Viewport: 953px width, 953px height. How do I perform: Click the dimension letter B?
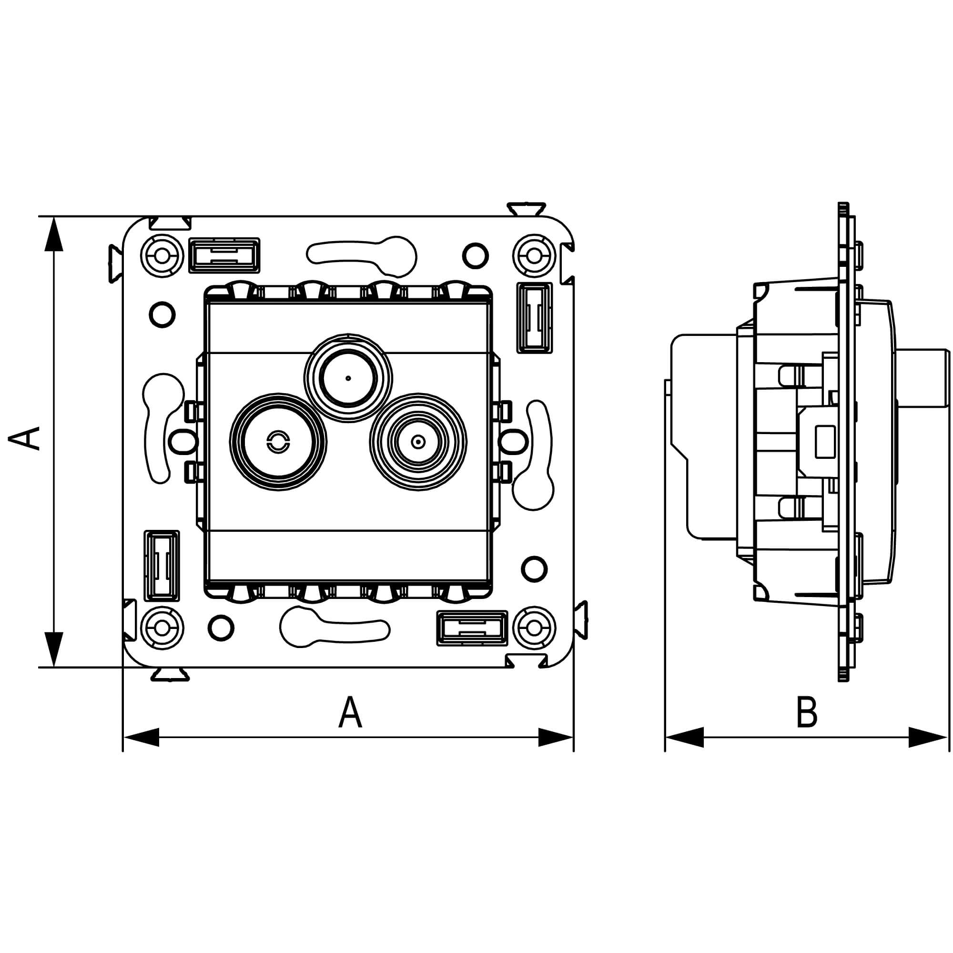(807, 712)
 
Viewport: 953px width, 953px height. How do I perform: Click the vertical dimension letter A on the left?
(26, 438)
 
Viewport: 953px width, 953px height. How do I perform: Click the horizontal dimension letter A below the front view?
(350, 712)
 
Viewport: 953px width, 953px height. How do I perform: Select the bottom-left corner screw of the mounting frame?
(162, 629)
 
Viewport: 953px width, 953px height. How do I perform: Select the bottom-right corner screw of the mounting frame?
(534, 629)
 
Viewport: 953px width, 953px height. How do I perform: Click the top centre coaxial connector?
(348, 378)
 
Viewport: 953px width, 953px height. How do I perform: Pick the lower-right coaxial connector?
(418, 442)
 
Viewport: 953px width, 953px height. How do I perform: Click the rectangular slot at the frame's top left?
(224, 255)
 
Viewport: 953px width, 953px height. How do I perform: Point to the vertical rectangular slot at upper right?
(534, 318)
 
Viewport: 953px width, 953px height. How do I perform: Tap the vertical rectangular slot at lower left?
(162, 566)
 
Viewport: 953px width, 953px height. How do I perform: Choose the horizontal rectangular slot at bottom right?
(472, 628)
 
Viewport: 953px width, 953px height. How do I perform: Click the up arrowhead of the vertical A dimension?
(54, 234)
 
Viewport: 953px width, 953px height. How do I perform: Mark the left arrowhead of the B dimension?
(685, 737)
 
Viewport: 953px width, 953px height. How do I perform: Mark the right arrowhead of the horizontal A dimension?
(556, 737)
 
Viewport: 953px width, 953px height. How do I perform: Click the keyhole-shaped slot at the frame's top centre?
(362, 256)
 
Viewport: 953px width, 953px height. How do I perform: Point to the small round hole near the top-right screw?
(476, 255)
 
